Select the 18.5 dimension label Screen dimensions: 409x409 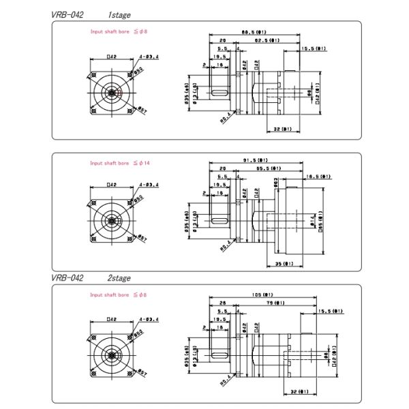coord(318,176)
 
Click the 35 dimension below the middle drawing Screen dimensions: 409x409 coord(284,263)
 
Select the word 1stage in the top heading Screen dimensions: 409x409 coord(119,14)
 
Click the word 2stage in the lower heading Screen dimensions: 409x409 coord(119,278)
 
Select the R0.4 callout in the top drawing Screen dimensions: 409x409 coord(225,120)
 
